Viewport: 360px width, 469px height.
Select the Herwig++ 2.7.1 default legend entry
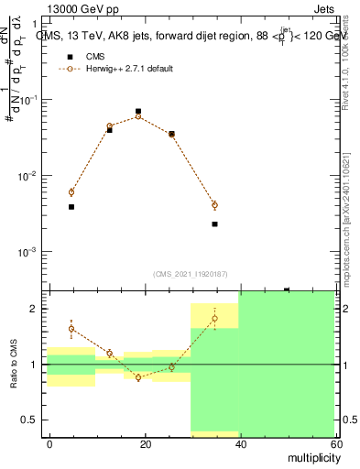(x=129, y=69)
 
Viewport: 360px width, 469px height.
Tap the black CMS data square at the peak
(x=138, y=111)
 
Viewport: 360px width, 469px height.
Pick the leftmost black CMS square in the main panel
(x=71, y=207)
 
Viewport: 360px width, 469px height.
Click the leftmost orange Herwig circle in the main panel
(x=71, y=191)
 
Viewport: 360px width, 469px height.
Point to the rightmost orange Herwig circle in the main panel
(x=214, y=205)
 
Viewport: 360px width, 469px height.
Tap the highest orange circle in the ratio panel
(x=214, y=319)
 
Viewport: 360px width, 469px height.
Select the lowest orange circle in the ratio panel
(x=138, y=377)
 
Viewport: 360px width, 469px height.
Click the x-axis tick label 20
(x=145, y=444)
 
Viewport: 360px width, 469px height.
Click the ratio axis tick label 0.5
(x=33, y=420)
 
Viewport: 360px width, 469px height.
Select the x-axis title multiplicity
(x=309, y=456)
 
